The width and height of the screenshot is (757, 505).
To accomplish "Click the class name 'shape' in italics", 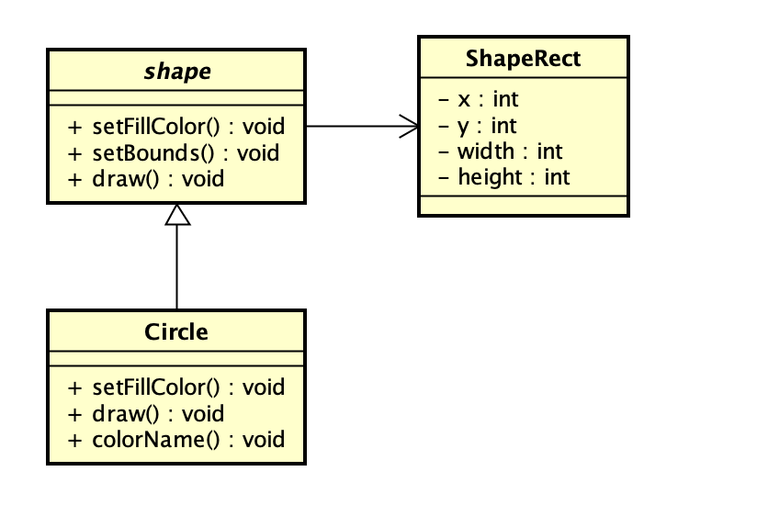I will coord(177,72).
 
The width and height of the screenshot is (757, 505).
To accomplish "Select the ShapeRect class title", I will coord(523,59).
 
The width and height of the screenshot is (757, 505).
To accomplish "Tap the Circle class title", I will coord(176,331).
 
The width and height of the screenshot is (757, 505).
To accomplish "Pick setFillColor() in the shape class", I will coord(176,127).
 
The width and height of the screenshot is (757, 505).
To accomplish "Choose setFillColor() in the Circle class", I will coord(176,387).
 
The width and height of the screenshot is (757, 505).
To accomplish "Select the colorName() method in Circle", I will coord(176,439).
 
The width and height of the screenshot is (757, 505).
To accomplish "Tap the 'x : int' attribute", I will coord(478,99).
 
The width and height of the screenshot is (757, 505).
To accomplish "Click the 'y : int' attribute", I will coord(478,125).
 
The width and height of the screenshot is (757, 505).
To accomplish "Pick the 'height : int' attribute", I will coord(504,176).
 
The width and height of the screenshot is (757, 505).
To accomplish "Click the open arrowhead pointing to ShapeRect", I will coord(410,127).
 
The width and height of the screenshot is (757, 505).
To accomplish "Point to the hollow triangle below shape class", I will coord(176,215).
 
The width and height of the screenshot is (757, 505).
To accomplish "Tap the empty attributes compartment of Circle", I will coord(176,359).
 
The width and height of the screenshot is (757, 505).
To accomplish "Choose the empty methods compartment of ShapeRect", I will coord(523,205).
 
